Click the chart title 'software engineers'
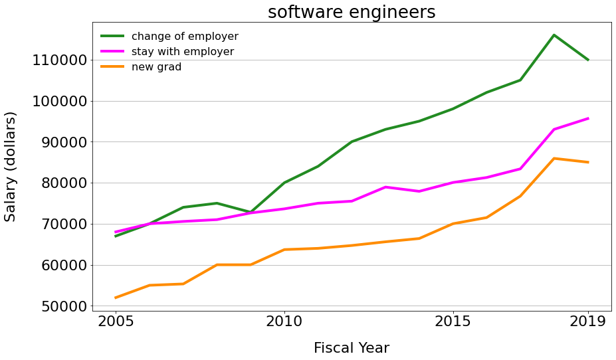352,12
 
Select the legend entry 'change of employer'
185,37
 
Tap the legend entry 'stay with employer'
182,52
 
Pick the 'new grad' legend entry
156,67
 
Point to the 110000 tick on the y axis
60,60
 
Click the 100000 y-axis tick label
60,102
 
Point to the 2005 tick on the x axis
116,322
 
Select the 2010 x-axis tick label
284,322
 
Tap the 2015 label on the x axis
453,322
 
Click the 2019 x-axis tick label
587,322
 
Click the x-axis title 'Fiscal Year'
352,348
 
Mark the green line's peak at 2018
554,35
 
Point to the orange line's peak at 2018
554,158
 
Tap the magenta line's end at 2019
587,118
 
